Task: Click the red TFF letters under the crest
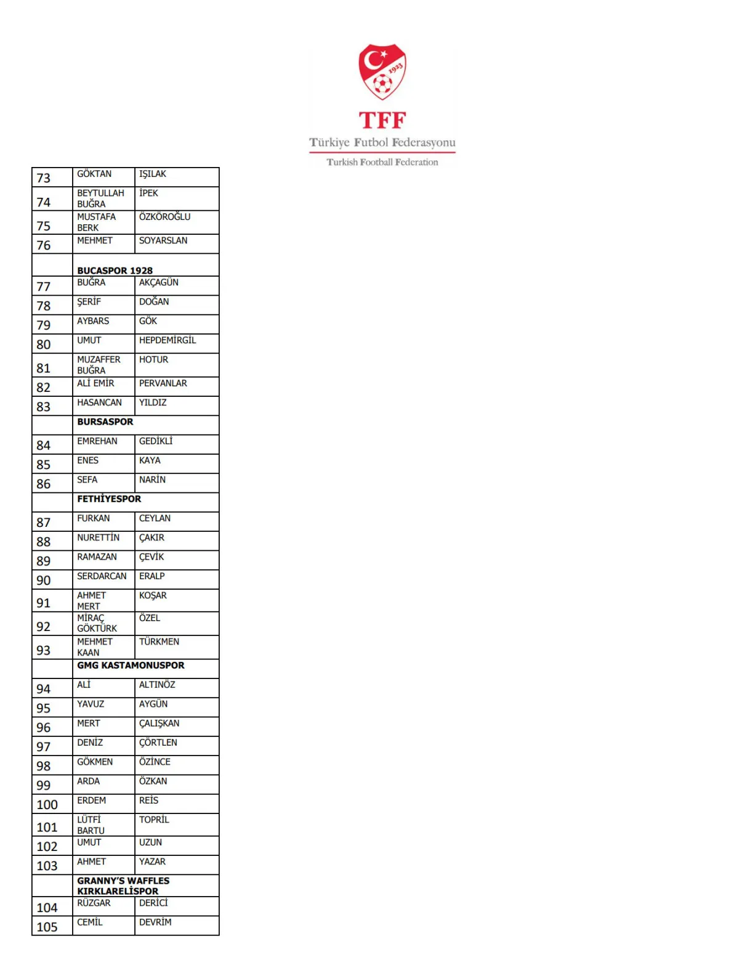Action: (382, 120)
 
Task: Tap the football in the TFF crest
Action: (382, 83)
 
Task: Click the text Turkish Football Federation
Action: (382, 162)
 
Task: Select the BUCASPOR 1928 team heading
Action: (115, 271)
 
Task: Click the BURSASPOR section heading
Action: (105, 422)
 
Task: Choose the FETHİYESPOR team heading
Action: (109, 499)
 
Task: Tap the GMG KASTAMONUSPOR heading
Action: (131, 666)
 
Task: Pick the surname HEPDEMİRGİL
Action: (168, 340)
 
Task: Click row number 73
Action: (44, 178)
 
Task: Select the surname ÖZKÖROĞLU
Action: (164, 217)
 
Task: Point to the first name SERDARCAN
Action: (102, 576)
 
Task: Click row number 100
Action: (47, 805)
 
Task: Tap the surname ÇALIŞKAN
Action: (159, 723)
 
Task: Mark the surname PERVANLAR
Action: (163, 383)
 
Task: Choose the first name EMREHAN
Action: (97, 441)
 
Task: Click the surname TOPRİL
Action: (154, 820)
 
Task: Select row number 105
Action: (47, 927)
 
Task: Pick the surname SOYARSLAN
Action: (163, 240)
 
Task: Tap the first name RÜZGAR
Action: (94, 903)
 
